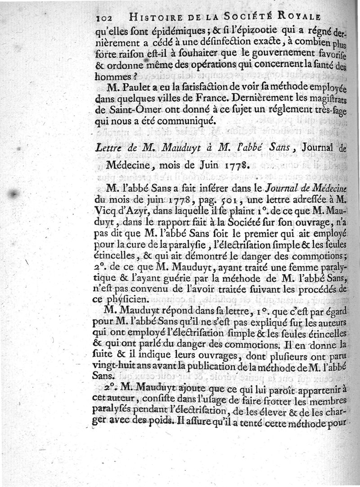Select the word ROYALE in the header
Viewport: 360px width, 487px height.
[x=298, y=17]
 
